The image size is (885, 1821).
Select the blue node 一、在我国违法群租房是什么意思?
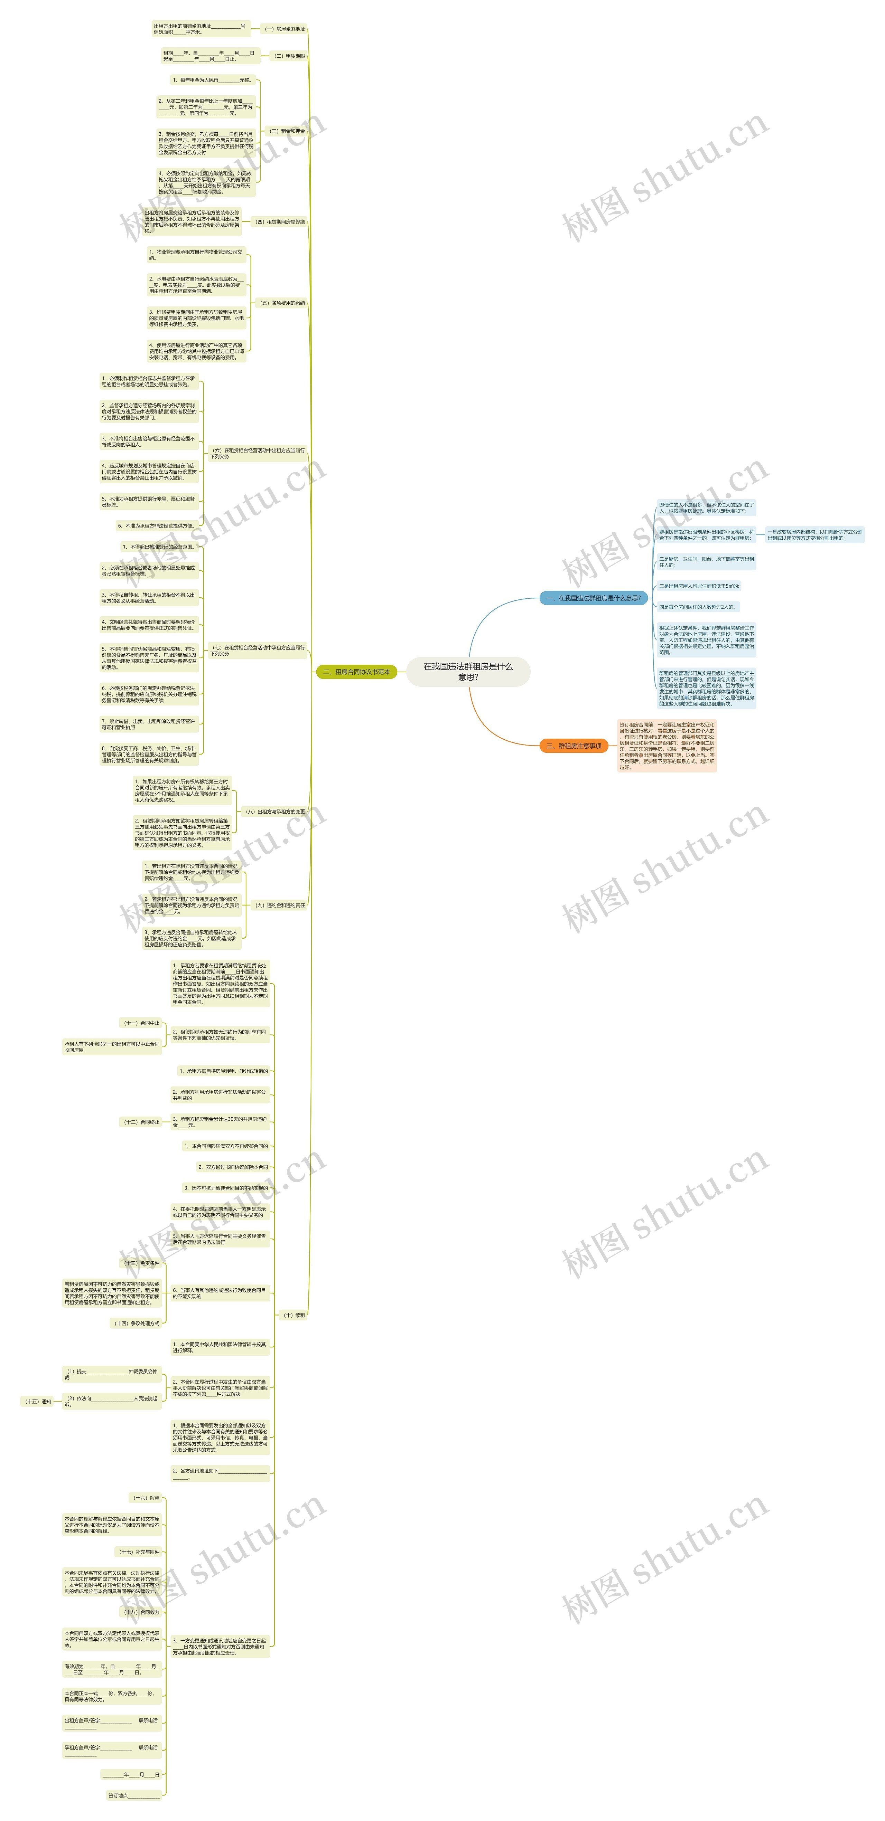(x=593, y=598)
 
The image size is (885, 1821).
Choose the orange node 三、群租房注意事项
(x=573, y=746)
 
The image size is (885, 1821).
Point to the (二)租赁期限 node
(x=289, y=56)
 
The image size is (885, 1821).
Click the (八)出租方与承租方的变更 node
(x=274, y=812)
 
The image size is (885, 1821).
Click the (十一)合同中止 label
(x=141, y=1023)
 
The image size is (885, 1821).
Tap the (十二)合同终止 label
(x=141, y=1122)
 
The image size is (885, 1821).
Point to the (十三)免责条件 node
(x=141, y=1263)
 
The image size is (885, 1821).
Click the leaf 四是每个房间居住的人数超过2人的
(x=698, y=607)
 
